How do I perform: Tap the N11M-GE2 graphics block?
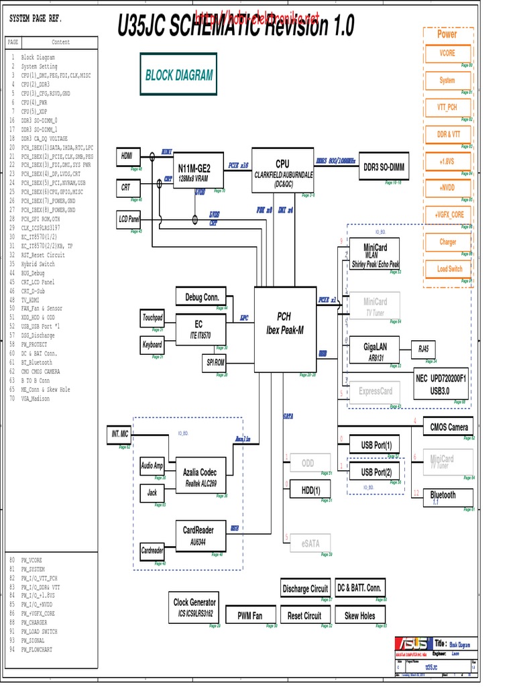pyautogui.click(x=198, y=170)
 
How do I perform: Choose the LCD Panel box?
pyautogui.click(x=129, y=219)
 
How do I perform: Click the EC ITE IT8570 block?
pyautogui.click(x=200, y=329)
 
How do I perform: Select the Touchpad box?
pyautogui.click(x=152, y=317)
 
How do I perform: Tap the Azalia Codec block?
pyautogui.click(x=200, y=476)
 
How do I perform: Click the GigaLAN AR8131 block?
pyautogui.click(x=376, y=350)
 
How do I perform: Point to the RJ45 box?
pyautogui.click(x=423, y=349)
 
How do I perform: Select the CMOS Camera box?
pyautogui.click(x=449, y=427)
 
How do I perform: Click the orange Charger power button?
pyautogui.click(x=447, y=242)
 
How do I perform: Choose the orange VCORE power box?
pyautogui.click(x=447, y=53)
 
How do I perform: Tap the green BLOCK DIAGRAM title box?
pyautogui.click(x=179, y=76)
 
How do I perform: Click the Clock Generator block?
pyautogui.click(x=194, y=606)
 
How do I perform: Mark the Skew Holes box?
pyautogui.click(x=360, y=615)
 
